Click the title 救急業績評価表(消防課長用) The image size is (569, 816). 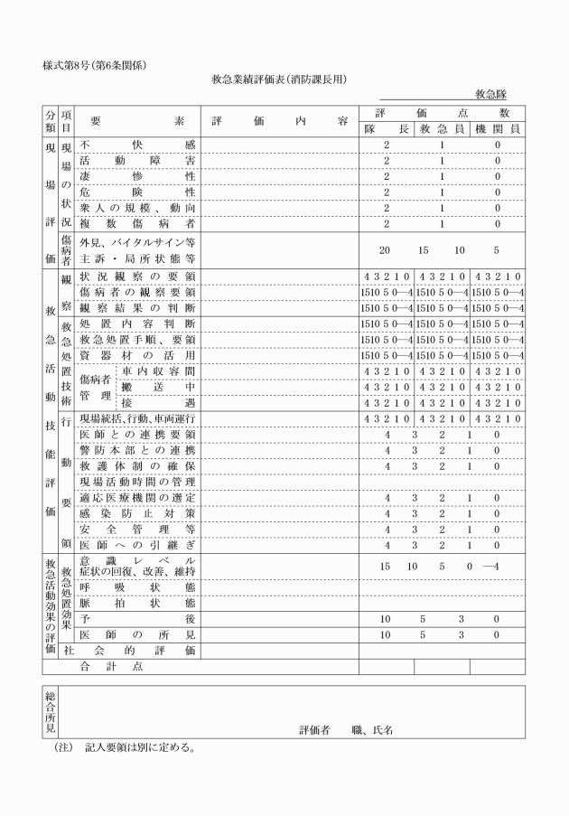coord(284,80)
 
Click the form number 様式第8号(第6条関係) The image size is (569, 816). coord(94,64)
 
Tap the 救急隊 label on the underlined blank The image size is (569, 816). coord(494,94)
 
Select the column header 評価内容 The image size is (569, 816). coord(280,120)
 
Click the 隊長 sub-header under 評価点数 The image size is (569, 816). coord(387,129)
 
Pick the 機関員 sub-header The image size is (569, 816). coord(497,129)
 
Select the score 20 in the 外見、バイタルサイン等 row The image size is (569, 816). coord(386,249)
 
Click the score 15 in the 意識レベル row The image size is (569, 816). coord(386,567)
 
